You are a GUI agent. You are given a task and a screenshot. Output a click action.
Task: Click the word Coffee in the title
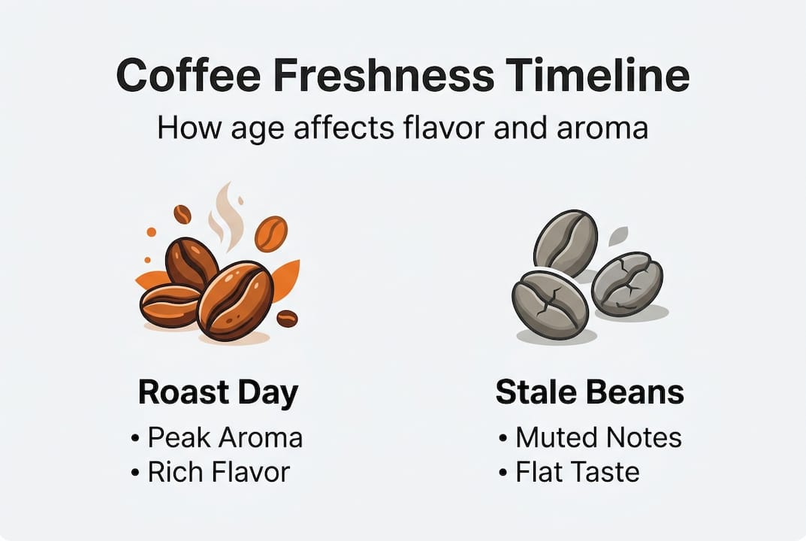click(x=188, y=75)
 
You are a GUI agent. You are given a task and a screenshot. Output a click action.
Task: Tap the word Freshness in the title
click(x=383, y=75)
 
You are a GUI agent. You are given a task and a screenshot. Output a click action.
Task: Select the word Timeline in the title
click(x=597, y=75)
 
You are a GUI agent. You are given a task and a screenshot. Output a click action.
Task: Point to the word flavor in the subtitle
click(x=444, y=128)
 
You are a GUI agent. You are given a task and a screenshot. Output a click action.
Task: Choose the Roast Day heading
click(x=218, y=393)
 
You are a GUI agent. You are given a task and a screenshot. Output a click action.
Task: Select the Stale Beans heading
click(x=590, y=392)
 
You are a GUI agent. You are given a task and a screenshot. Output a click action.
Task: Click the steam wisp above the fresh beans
click(x=226, y=215)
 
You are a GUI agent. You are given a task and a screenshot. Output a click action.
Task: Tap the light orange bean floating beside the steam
click(x=271, y=234)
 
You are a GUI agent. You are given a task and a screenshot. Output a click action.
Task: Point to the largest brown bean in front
click(x=234, y=301)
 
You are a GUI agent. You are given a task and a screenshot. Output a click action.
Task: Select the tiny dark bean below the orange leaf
click(x=287, y=319)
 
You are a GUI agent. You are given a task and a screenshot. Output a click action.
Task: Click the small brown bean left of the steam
click(x=182, y=214)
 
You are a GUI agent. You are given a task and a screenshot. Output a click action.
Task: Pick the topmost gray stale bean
click(x=566, y=243)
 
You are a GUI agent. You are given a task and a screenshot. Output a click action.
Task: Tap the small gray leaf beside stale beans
click(x=618, y=236)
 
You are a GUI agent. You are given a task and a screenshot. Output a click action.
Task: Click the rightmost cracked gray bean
click(x=627, y=284)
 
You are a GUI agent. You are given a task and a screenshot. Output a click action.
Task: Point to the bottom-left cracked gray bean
click(x=550, y=304)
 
